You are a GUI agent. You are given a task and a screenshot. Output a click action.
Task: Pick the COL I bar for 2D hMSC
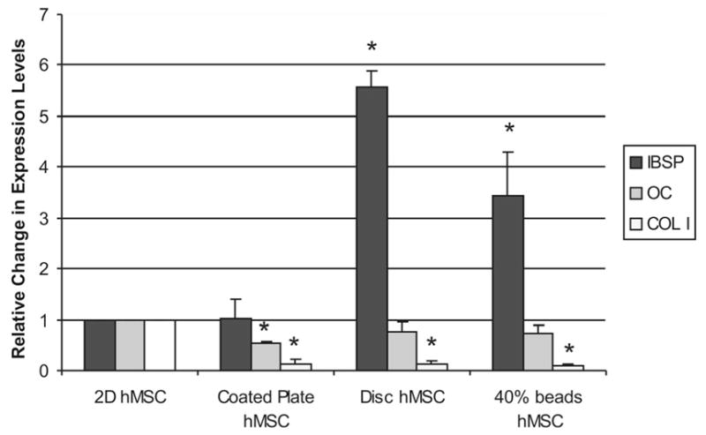[160, 345]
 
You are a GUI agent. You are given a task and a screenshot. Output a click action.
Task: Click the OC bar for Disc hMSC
[402, 350]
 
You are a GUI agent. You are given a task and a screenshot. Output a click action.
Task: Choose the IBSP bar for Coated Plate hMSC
[236, 344]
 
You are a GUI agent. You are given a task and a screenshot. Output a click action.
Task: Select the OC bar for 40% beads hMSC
[537, 351]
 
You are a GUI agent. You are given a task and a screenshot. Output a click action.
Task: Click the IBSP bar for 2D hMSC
[100, 345]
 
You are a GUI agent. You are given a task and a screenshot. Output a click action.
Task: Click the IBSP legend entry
[654, 164]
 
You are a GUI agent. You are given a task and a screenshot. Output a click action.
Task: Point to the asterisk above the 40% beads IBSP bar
[508, 129]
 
